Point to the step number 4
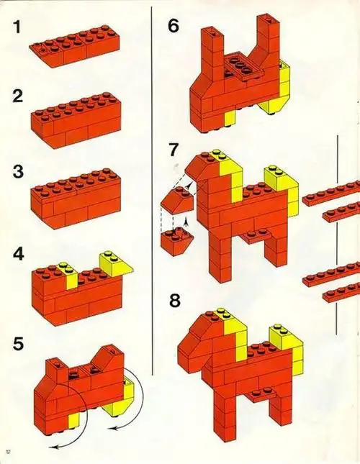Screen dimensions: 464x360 14,253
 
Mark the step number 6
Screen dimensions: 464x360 173,27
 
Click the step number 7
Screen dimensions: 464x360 173,152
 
